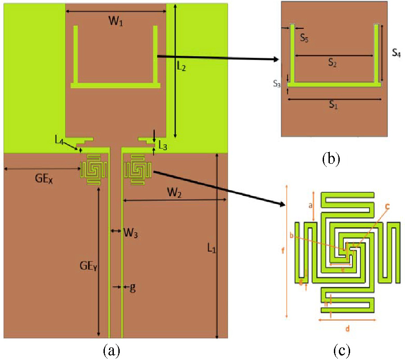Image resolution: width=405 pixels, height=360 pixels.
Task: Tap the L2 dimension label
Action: pyautogui.click(x=181, y=67)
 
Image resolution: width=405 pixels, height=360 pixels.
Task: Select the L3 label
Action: pyautogui.click(x=162, y=145)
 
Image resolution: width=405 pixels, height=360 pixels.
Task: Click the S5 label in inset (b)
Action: pyautogui.click(x=305, y=37)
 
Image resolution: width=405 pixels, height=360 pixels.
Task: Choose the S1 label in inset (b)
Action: pyautogui.click(x=333, y=105)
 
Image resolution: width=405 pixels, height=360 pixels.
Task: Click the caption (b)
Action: pyautogui.click(x=332, y=159)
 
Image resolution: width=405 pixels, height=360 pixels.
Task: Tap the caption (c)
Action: pyautogui.click(x=342, y=350)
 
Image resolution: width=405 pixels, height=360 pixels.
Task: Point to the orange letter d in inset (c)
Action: pyautogui.click(x=347, y=328)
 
